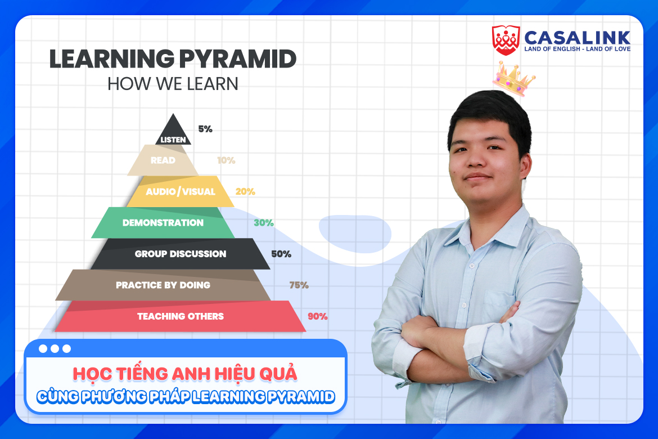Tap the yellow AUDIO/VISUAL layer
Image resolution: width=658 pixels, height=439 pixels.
tap(180, 191)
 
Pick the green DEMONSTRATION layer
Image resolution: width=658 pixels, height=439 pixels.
tap(163, 223)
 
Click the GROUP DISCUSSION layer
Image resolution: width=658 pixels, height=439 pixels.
tap(180, 254)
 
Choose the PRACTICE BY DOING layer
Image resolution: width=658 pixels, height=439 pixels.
tap(163, 285)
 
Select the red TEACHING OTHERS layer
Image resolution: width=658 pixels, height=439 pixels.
tap(180, 316)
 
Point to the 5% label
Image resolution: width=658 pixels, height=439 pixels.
tap(205, 129)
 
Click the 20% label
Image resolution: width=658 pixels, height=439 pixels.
tap(245, 191)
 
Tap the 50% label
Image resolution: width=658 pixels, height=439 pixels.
tap(281, 254)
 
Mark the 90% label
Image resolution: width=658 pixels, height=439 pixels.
tap(317, 316)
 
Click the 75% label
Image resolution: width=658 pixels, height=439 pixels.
tap(299, 285)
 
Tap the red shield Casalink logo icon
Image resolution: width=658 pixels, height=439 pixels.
tap(506, 40)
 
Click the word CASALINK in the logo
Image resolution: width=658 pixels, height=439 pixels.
tap(577, 37)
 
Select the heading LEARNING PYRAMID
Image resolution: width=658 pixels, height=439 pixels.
tap(173, 60)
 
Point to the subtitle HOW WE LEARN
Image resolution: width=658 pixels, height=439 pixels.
tap(173, 84)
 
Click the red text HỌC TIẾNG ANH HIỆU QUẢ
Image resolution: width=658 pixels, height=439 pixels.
tap(185, 373)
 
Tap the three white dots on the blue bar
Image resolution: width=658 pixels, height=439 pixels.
tap(55, 348)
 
